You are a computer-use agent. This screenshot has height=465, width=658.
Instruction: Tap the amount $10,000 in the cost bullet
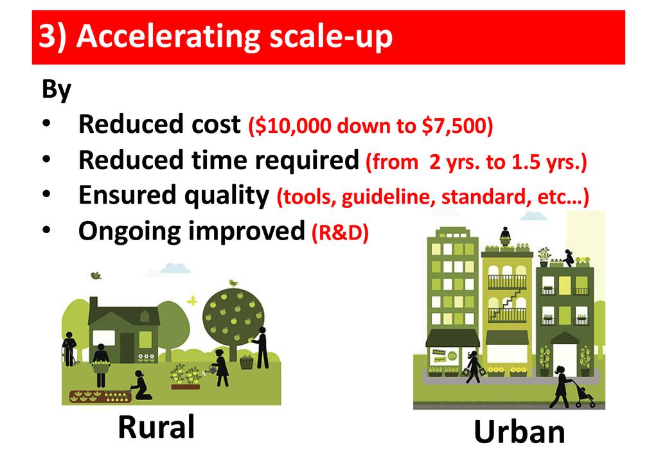coord(292,125)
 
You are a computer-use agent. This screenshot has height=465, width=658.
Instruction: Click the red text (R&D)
coord(340,232)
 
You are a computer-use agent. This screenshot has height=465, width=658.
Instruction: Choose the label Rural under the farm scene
coord(156,427)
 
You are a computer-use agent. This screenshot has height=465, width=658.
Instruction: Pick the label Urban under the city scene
coord(519,432)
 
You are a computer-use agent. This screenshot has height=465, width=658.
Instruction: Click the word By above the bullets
coord(57,90)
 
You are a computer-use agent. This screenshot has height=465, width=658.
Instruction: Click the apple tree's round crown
coord(233,315)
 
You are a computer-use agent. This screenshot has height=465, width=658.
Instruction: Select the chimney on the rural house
coord(94,303)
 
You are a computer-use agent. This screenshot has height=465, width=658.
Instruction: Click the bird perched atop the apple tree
coord(233,283)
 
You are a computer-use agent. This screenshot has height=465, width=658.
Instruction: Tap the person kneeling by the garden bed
coord(141,385)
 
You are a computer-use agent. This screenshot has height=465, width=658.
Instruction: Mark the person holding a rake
coord(69,349)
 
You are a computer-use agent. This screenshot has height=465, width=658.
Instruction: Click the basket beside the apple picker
coord(247,362)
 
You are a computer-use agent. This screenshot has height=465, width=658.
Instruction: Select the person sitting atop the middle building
coord(505,236)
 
